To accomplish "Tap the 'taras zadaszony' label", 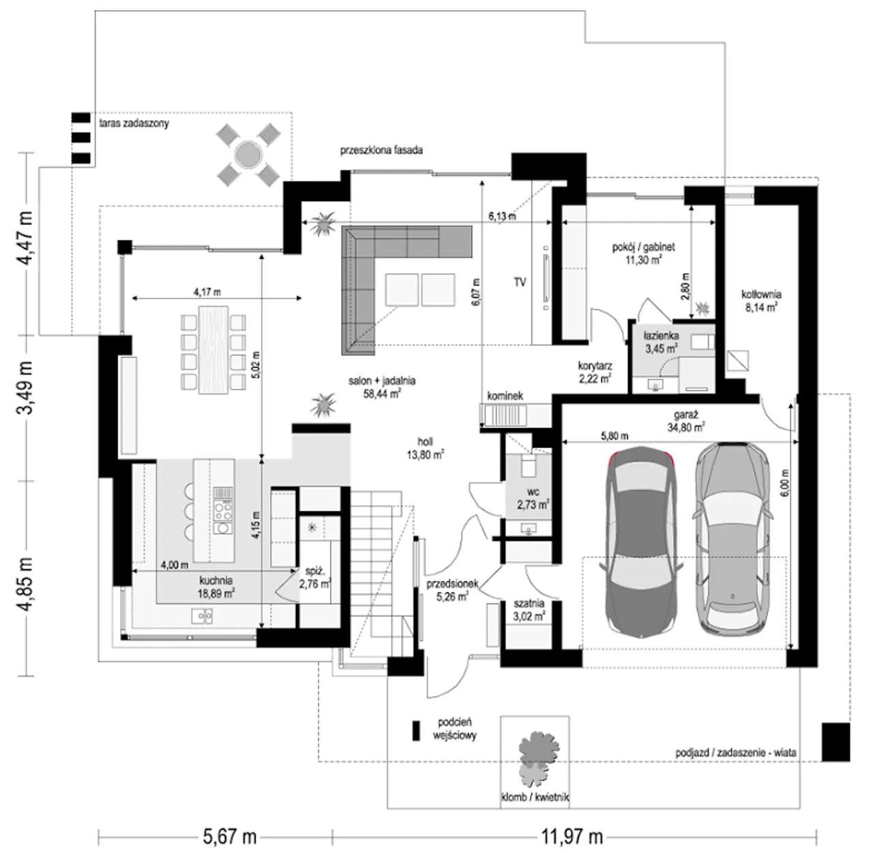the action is (x=134, y=123).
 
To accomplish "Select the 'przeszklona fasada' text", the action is (x=381, y=150).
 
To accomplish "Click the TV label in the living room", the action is (x=520, y=282).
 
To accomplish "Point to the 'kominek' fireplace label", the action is (x=505, y=396).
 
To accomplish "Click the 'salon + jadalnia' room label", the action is (x=382, y=380).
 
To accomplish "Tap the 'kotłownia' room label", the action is (x=761, y=294).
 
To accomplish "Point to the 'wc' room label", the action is (x=533, y=491).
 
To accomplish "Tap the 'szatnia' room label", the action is (x=529, y=603).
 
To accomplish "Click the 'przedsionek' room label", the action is (x=453, y=584).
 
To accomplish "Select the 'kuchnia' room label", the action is (x=216, y=581).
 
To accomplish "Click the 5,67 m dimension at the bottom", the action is (x=230, y=837).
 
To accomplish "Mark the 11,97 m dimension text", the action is (x=572, y=837).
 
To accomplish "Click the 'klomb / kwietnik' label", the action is (x=535, y=797).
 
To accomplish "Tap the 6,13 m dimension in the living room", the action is (x=502, y=216).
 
